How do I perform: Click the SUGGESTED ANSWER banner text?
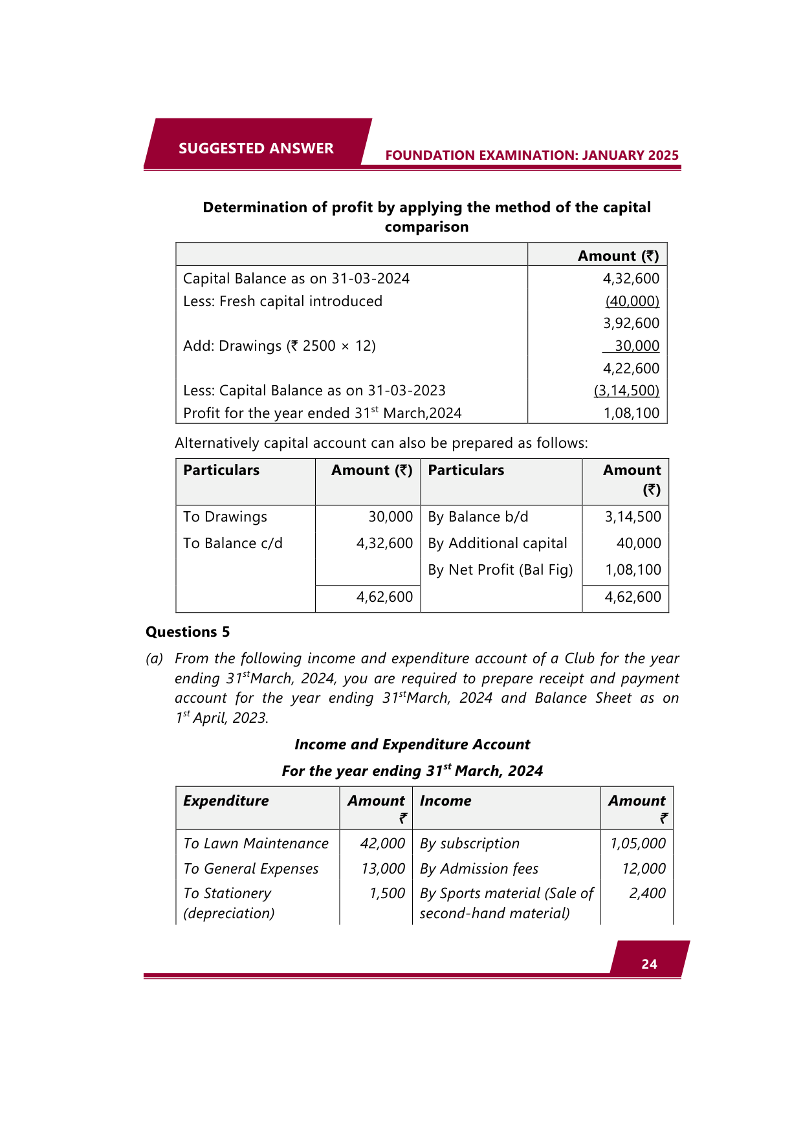[256, 148]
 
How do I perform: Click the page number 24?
[649, 964]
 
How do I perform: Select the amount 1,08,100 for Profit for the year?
[631, 413]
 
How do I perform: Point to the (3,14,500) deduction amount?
[626, 390]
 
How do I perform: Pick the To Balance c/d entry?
[233, 543]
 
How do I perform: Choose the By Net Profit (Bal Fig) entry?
[500, 569]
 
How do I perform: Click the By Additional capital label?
[497, 543]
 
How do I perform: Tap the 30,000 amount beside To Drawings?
[390, 516]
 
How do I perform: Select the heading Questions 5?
[188, 632]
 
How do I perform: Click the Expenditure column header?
[226, 800]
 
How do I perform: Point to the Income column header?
[445, 800]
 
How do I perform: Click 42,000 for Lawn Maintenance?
[382, 843]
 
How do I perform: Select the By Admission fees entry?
[479, 868]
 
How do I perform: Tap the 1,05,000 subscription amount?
[637, 843]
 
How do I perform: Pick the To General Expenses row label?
[251, 868]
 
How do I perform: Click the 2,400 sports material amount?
[647, 893]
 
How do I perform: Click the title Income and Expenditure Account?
[412, 744]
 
